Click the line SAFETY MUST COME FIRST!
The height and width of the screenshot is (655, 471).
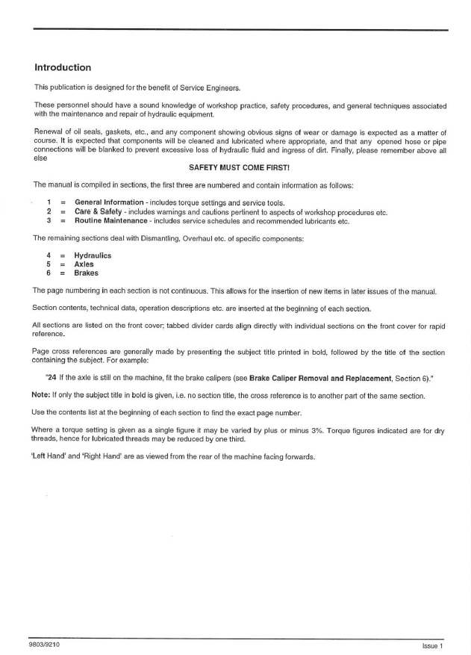pyautogui.click(x=235, y=169)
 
